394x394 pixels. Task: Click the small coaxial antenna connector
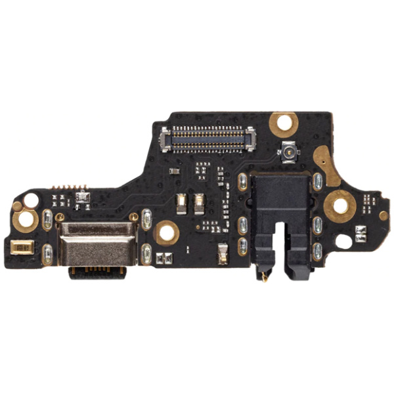pyautogui.click(x=287, y=152)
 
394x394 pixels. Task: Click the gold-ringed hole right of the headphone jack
pyautogui.click(x=340, y=206)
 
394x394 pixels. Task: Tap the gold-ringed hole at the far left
pyautogui.click(x=26, y=220)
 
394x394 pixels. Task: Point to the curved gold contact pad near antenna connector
pyautogui.click(x=326, y=164)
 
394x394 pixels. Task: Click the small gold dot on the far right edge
pyautogui.click(x=383, y=215)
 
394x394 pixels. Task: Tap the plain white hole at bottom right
pyautogui.click(x=343, y=241)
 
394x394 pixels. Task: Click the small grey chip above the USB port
pyautogui.click(x=82, y=196)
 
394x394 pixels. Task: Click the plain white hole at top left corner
pyautogui.click(x=30, y=201)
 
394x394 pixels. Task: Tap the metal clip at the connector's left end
pyautogui.click(x=165, y=136)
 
